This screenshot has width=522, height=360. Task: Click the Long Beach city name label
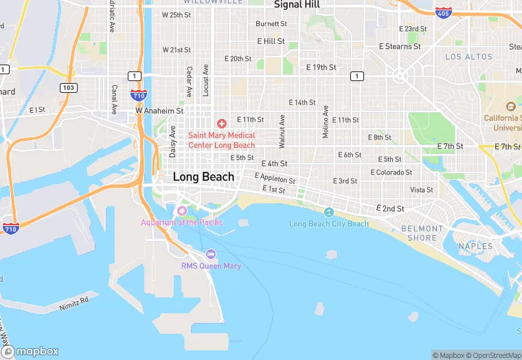(x=203, y=177)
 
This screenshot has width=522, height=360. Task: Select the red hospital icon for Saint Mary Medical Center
(x=221, y=124)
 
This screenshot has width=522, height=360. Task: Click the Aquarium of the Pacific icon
(x=182, y=211)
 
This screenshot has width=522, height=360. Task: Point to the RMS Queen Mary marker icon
(x=211, y=254)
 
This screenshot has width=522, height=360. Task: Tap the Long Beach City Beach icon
(x=328, y=212)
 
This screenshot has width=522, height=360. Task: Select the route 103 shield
(x=68, y=88)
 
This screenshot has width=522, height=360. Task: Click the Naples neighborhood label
(x=476, y=246)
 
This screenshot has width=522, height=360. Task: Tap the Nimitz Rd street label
(x=73, y=300)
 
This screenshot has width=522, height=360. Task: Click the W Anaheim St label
(x=159, y=110)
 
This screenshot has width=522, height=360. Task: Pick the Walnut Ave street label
(x=282, y=127)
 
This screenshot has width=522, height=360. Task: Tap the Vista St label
(x=422, y=190)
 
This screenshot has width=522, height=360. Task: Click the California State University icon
(x=510, y=107)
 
